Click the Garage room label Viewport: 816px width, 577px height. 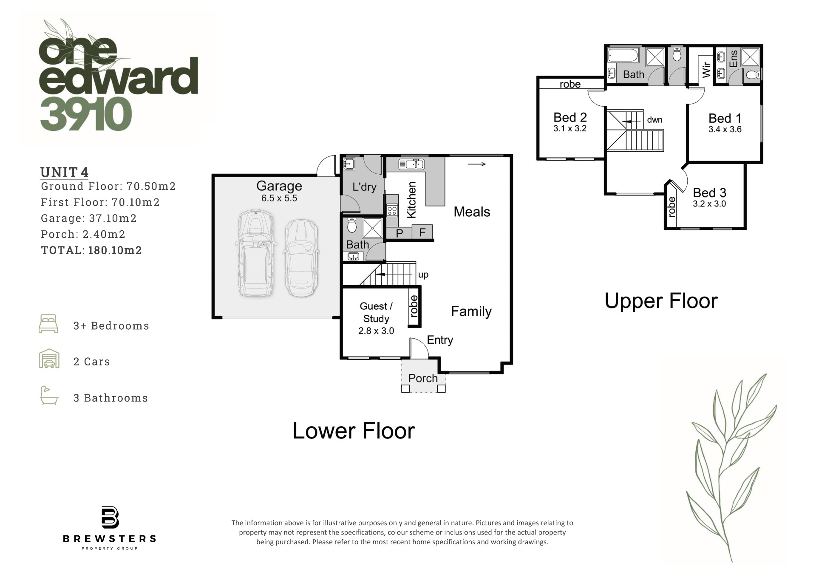[279, 186]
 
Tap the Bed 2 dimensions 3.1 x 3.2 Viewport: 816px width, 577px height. [570, 128]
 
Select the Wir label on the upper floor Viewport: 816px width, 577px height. [706, 70]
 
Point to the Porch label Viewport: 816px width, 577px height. [423, 378]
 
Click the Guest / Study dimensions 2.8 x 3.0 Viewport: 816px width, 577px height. [376, 331]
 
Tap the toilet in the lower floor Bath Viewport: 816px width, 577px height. [352, 225]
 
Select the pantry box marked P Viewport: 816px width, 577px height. [399, 232]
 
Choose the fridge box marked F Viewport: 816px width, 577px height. [422, 232]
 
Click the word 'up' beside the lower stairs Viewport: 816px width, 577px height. [423, 275]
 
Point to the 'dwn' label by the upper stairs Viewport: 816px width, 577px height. [654, 120]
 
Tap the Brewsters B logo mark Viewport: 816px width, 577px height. [110, 517]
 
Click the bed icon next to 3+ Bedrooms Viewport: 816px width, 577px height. [48, 324]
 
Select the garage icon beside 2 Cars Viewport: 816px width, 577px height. [49, 359]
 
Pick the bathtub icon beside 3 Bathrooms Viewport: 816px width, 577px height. [49, 395]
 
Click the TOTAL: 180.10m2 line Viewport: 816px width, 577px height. [91, 250]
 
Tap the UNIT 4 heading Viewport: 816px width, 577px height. [65, 173]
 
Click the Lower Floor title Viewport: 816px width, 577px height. [354, 431]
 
